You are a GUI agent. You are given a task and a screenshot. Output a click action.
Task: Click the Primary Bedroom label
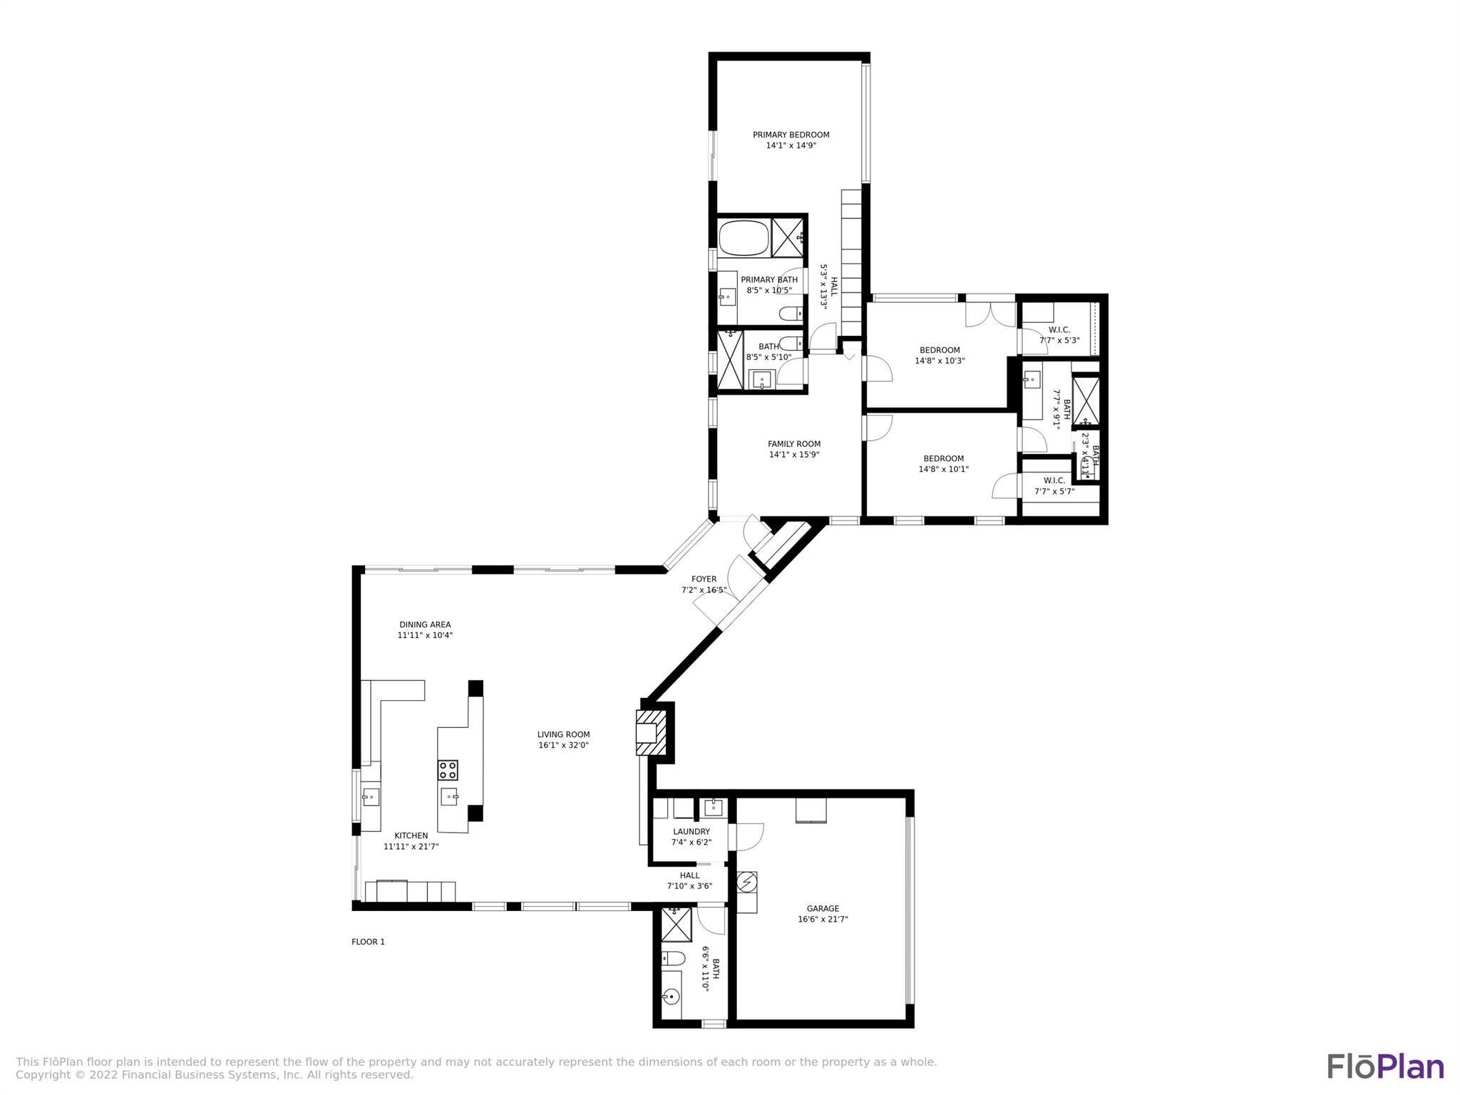791,135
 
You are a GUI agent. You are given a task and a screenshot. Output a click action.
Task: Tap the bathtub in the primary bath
744,239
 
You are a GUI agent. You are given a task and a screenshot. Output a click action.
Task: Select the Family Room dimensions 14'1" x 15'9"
793,455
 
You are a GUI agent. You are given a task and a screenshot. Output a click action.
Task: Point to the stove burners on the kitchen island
448,770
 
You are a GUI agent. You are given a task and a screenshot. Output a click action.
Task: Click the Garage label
823,908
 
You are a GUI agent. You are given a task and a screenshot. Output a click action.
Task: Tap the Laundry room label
691,831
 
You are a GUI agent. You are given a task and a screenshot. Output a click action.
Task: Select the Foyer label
704,579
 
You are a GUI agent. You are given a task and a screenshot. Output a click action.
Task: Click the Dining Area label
425,624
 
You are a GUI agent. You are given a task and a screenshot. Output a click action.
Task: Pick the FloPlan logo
1385,1066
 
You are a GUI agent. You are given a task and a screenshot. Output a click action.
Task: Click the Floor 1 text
368,942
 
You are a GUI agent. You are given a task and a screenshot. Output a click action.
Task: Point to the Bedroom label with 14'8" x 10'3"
940,350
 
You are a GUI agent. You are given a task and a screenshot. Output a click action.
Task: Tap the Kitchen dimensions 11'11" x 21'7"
411,847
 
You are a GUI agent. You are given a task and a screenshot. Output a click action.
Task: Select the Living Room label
563,734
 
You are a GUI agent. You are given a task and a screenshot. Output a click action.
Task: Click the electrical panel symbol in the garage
746,883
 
